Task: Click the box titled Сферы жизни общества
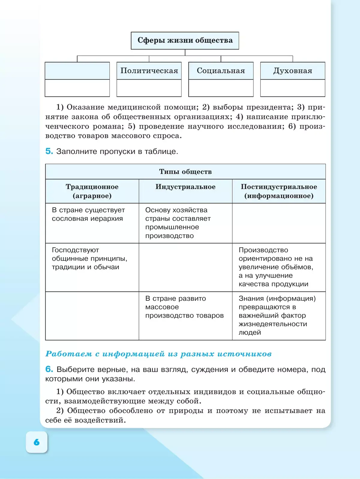(185, 41)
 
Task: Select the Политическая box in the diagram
(149, 71)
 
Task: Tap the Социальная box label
(221, 71)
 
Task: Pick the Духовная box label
(292, 71)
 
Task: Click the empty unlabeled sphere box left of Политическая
(77, 71)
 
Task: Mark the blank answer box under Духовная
(292, 88)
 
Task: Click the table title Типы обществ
(185, 172)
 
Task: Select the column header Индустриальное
(185, 187)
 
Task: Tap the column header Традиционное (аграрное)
(92, 191)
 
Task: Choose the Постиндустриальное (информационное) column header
(279, 191)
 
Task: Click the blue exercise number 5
(49, 151)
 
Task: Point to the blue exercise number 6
(49, 369)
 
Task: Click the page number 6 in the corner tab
(37, 442)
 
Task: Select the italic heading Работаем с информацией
(158, 354)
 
